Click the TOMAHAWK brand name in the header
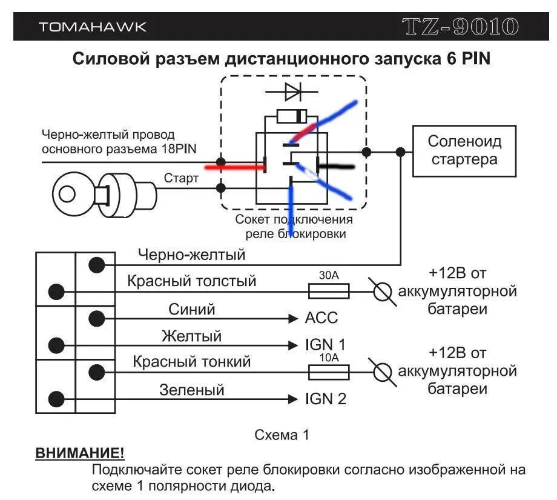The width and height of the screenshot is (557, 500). [x=92, y=27]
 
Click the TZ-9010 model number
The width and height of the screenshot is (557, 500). [x=461, y=27]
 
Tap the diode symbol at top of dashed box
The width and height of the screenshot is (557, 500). [x=293, y=92]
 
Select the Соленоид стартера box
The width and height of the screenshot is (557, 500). [x=464, y=151]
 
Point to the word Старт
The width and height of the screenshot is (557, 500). [x=181, y=178]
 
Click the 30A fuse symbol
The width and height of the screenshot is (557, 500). [x=329, y=292]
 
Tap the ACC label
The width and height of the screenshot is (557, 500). [x=321, y=318]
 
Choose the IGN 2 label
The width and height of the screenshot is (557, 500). [x=326, y=399]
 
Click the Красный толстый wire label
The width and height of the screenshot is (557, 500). [x=191, y=281]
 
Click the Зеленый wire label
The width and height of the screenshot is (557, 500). [x=191, y=390]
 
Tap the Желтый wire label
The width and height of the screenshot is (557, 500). [x=191, y=336]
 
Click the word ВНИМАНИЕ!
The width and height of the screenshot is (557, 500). [x=79, y=453]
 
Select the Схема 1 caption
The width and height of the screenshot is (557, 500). [x=282, y=435]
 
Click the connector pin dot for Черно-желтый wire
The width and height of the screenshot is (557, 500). [x=96, y=265]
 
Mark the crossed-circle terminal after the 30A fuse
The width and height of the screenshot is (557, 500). [x=381, y=292]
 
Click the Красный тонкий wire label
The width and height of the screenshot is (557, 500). [x=191, y=362]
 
